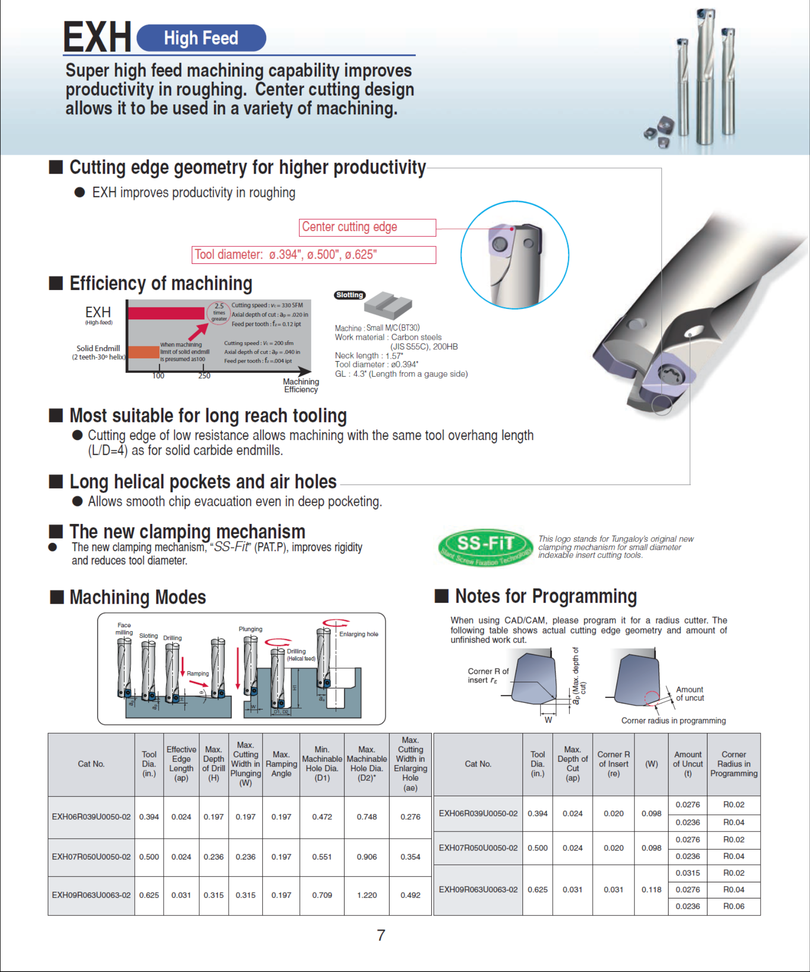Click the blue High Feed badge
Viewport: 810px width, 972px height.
201,38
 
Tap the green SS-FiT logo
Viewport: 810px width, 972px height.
485,546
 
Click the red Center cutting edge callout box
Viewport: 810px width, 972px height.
367,227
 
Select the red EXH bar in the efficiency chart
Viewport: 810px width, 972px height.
166,313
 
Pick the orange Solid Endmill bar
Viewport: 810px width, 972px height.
144,352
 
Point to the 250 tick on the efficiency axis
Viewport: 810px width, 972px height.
204,376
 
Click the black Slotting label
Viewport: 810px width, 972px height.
350,295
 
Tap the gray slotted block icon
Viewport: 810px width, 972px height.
388,305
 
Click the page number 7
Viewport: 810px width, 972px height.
381,935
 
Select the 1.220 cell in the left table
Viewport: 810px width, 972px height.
367,895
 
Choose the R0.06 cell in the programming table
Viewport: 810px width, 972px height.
734,906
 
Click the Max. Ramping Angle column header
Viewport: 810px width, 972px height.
281,764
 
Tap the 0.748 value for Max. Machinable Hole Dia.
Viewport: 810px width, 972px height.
367,817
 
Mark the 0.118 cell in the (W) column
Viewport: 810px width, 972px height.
651,889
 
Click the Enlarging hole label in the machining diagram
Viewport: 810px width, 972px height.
359,634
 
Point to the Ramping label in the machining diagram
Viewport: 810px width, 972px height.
197,673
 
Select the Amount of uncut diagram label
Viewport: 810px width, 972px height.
690,693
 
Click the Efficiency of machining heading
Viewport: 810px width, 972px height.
161,283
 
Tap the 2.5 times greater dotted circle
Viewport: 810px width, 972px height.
219,313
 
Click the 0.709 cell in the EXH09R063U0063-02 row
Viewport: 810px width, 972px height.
322,895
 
